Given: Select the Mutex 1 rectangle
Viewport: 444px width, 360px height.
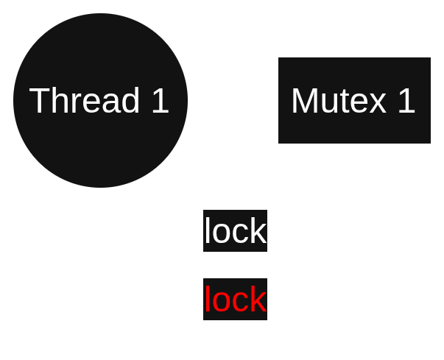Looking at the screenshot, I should (x=353, y=125).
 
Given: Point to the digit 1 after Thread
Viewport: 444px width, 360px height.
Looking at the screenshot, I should (x=160, y=101).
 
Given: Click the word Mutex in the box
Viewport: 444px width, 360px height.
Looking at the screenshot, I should (x=339, y=101).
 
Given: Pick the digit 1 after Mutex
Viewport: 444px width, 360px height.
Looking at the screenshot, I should (x=406, y=101).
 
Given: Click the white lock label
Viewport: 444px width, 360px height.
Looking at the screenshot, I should (x=235, y=232).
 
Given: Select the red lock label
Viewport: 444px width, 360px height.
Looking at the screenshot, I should (x=235, y=300).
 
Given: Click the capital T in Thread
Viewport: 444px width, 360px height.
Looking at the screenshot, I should (x=40, y=101).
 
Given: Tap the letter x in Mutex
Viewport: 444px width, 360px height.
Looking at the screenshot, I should (x=378, y=102).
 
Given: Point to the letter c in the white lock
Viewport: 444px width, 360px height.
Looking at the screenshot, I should (x=241, y=234).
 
